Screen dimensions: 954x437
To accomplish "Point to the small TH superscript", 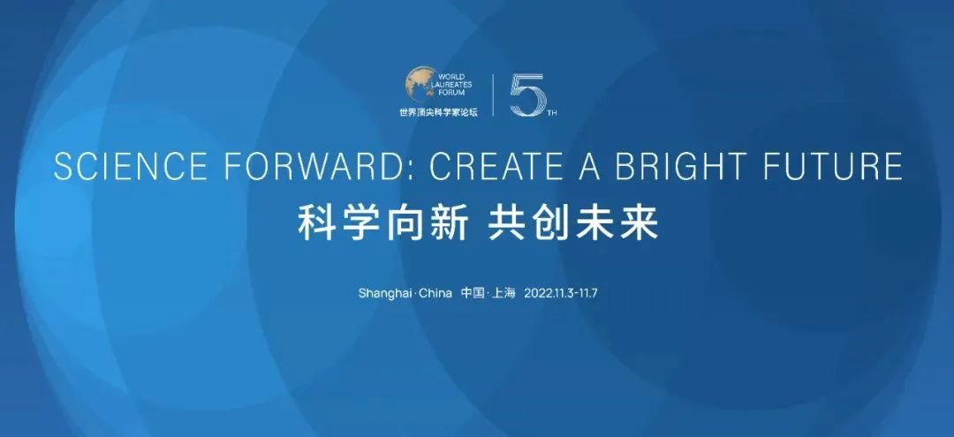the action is (x=552, y=113).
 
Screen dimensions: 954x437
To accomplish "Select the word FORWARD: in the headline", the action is (x=322, y=166).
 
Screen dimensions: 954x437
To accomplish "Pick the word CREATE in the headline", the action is (x=497, y=166).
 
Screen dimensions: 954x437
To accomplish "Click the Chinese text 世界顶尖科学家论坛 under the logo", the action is (x=438, y=112).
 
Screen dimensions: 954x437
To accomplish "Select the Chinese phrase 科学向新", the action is (x=383, y=223).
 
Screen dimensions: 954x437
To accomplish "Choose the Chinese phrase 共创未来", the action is (x=573, y=223).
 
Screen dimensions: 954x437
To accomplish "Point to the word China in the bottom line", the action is (x=435, y=293).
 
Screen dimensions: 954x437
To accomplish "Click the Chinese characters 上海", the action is (x=504, y=293).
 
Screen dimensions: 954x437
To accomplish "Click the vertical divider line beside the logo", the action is (x=493, y=94).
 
